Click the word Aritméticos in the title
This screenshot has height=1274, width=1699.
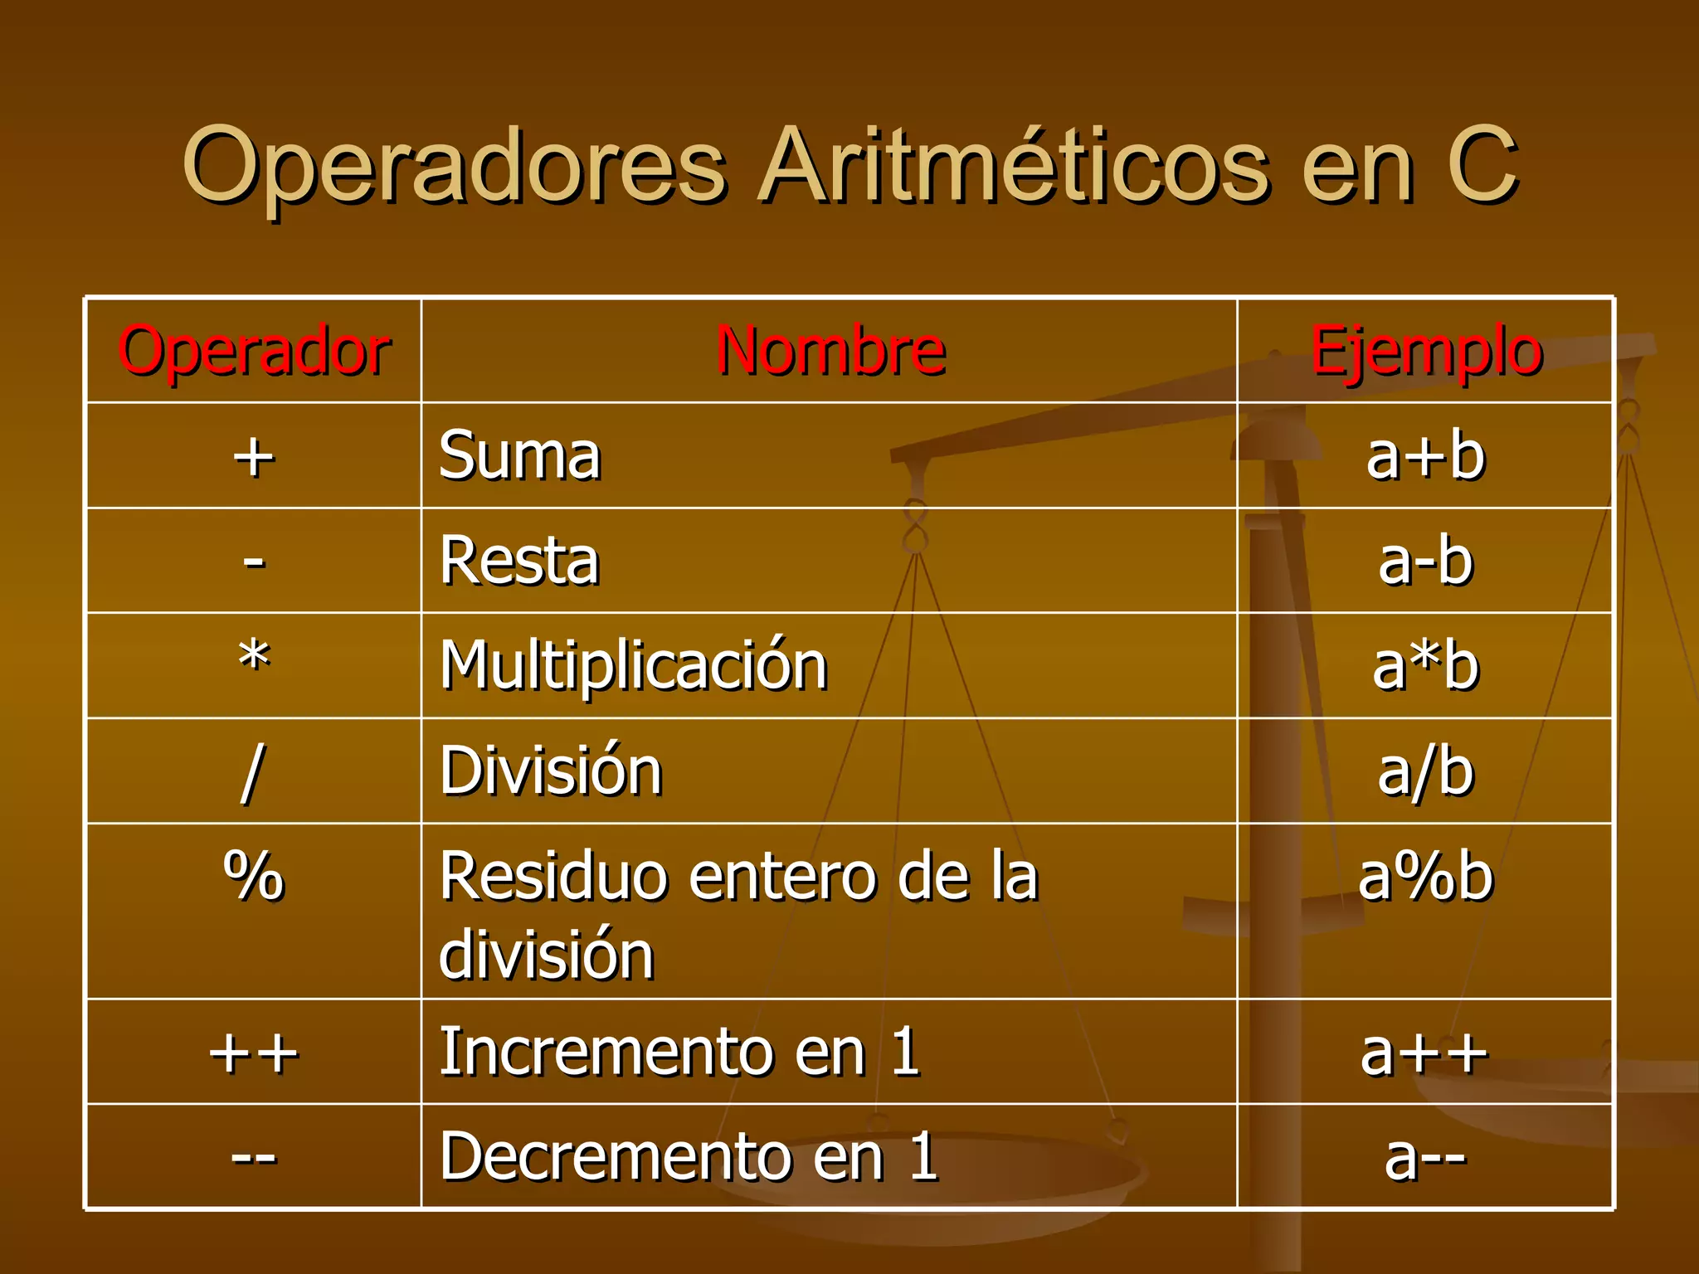(x=1013, y=166)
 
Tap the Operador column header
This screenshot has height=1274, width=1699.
(x=254, y=352)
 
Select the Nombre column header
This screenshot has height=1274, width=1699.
(x=830, y=352)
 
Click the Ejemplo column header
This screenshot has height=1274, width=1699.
(x=1425, y=352)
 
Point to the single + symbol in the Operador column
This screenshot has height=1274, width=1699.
(x=253, y=457)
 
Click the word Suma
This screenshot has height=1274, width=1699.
(x=519, y=456)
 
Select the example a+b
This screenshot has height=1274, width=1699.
(x=1425, y=457)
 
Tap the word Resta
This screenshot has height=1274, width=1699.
(x=519, y=562)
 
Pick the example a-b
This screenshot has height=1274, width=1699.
(x=1425, y=562)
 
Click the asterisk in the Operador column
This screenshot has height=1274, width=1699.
(x=254, y=659)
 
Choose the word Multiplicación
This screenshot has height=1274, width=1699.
(x=634, y=666)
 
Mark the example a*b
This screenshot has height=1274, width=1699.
(x=1425, y=666)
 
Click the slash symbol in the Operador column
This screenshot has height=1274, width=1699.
(x=252, y=772)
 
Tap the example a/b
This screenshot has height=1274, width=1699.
(x=1425, y=772)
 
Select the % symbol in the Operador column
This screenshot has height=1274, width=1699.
(x=254, y=876)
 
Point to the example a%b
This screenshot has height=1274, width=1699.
(x=1425, y=877)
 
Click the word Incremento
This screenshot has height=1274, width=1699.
(x=606, y=1053)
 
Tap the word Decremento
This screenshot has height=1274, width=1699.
(x=615, y=1157)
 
